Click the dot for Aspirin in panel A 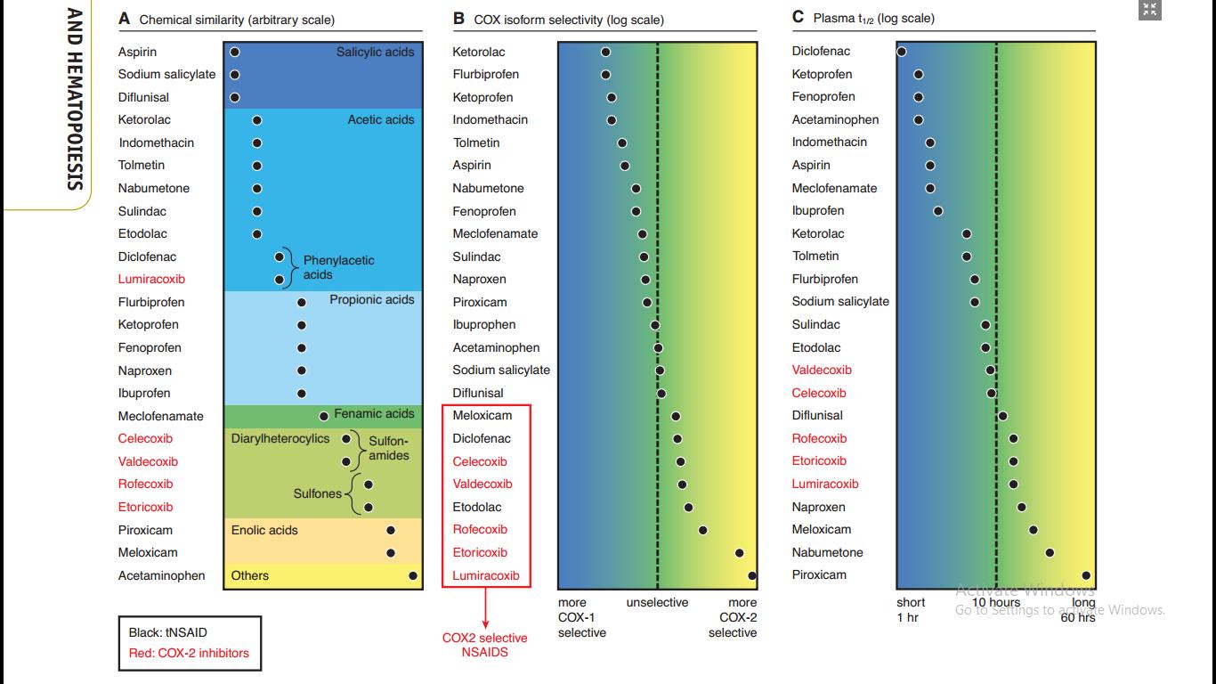(234, 53)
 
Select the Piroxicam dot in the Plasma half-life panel (1086, 576)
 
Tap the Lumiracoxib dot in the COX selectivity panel (752, 576)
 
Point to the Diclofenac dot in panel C (901, 53)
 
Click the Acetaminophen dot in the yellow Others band (412, 576)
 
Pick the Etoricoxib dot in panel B (739, 553)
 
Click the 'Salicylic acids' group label (375, 53)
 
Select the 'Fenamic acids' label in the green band (374, 414)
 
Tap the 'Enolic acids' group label (264, 530)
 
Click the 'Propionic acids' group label (372, 300)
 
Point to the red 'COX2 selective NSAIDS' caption (485, 645)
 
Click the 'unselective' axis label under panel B (657, 602)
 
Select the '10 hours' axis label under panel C (995, 602)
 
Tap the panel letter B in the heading (458, 19)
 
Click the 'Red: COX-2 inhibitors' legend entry (189, 653)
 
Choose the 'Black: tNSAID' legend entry (167, 632)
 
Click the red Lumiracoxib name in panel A (151, 280)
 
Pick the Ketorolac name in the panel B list (479, 53)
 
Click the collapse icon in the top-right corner (1150, 9)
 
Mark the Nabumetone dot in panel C (1050, 553)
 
